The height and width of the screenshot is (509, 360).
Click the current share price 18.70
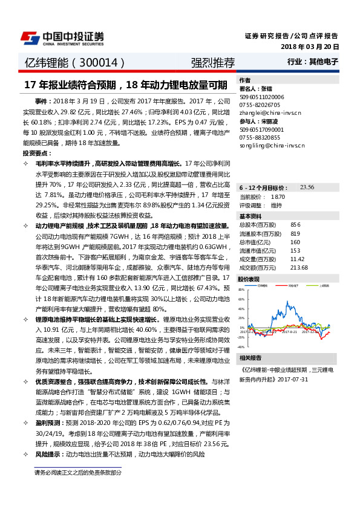[x=278, y=197]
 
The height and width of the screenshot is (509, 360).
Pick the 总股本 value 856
[x=278, y=224]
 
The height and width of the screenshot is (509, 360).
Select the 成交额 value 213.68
[x=282, y=267]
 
